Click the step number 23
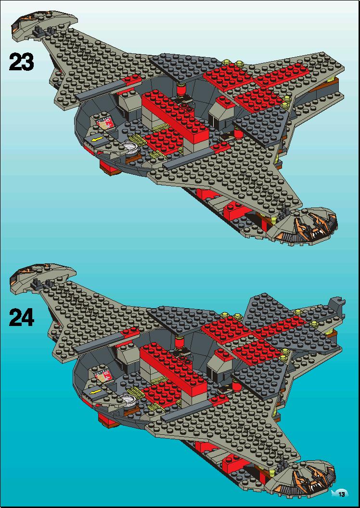click(21, 62)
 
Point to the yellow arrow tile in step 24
click(94, 393)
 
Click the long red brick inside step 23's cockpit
click(175, 115)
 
